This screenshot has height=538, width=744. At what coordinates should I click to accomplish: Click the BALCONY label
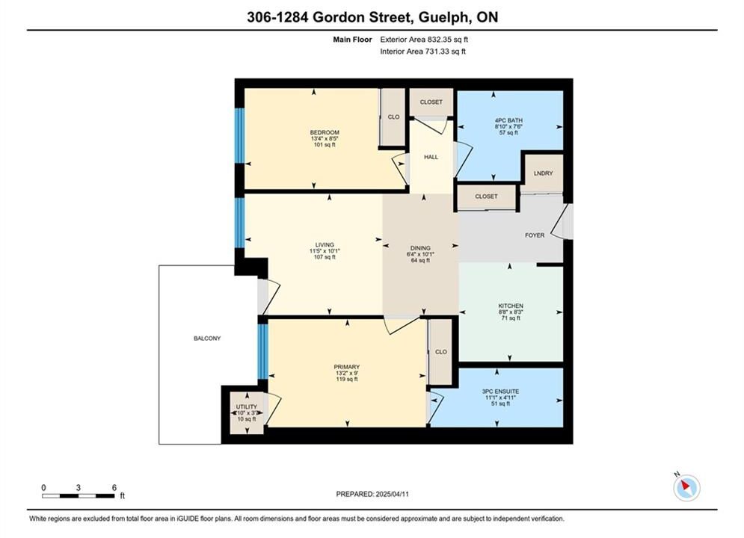207,338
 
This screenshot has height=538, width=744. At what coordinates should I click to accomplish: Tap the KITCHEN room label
511,306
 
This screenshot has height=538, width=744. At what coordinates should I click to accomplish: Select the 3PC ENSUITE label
500,392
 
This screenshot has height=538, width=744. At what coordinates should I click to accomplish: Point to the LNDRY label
544,173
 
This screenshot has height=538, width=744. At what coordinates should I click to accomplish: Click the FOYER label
535,235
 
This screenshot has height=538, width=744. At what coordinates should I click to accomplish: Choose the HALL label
431,157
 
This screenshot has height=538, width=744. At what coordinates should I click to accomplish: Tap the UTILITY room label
246,407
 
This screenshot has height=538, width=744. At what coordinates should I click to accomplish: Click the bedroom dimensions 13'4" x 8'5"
325,138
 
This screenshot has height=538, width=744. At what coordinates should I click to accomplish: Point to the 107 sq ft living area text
325,257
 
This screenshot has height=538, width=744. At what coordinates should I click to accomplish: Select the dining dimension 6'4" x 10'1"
420,254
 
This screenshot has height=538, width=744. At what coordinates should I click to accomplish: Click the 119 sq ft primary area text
347,379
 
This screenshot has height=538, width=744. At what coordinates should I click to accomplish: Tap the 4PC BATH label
508,121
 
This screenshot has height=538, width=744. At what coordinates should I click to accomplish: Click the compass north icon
686,486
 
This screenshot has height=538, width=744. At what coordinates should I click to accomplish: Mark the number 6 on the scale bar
114,487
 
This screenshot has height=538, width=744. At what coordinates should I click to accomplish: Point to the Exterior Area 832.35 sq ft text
424,40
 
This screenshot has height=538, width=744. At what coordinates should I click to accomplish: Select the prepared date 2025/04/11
392,494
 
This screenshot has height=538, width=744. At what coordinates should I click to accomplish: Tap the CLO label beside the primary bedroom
441,352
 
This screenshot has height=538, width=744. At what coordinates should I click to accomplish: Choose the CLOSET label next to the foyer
486,197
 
